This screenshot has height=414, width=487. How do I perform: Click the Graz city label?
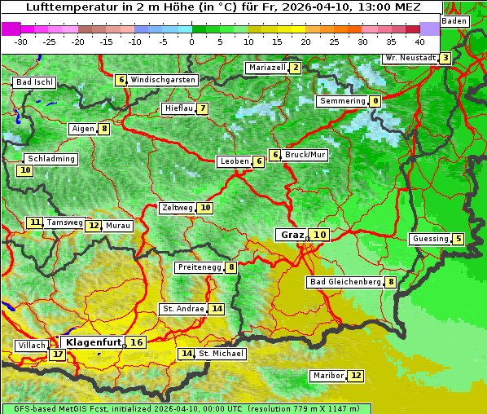pos(292,235)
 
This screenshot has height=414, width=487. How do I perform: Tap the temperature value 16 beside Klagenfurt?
pos(137,342)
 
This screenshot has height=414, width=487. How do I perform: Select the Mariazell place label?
pos(266,68)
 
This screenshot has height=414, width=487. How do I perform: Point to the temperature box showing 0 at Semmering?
pos(375,101)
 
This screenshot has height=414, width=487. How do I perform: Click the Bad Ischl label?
pos(34,82)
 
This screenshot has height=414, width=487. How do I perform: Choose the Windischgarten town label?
pos(163,80)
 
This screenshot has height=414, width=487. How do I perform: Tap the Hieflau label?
pos(178,108)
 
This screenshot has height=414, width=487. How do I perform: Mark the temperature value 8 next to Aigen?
pos(104,129)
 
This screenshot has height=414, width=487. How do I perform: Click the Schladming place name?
pos(50,159)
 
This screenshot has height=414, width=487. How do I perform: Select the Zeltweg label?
pos(178,208)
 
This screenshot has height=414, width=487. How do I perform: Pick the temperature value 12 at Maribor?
pos(356,376)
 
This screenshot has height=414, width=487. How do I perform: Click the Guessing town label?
pos(431,239)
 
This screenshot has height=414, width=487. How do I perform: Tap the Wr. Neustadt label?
pos(410,58)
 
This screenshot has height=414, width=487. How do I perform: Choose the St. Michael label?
pos(221,354)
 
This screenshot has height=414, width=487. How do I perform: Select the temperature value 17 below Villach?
pos(57,355)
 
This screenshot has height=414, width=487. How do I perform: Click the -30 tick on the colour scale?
pos(21,42)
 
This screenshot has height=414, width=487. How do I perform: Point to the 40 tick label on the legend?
pos(419,42)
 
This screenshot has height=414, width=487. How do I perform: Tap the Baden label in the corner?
pos(455,20)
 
